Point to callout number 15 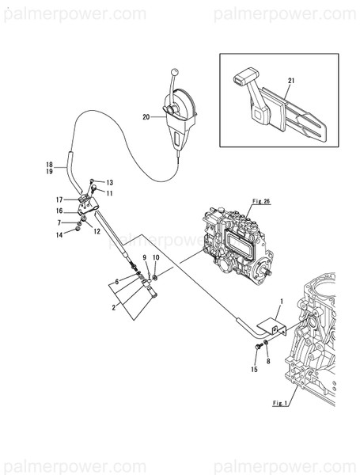pos(254,370)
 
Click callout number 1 pos(280,301)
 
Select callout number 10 pos(156,258)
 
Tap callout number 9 pos(144,258)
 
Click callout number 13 pos(110,182)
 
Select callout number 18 pos(49,164)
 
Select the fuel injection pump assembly pos(237,245)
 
